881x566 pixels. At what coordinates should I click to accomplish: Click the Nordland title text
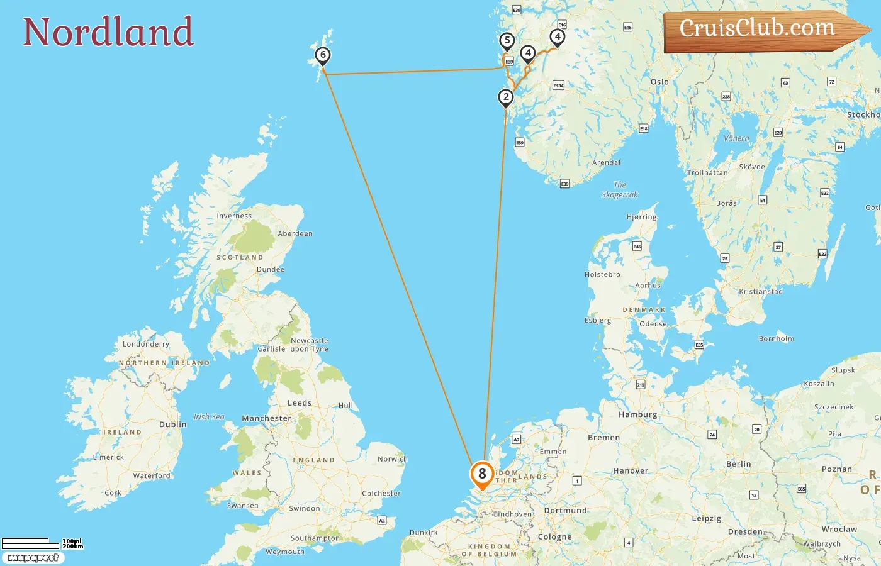tap(108, 32)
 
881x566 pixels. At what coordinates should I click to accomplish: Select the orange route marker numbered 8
tap(482, 474)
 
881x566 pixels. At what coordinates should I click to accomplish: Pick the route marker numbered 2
tap(505, 98)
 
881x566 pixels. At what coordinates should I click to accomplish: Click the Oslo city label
tap(659, 82)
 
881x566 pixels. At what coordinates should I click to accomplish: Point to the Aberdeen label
tap(295, 233)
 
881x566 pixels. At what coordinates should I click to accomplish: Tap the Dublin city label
tap(172, 425)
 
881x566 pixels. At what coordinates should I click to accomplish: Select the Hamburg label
tap(637, 414)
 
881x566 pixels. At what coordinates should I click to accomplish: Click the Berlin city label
tap(738, 464)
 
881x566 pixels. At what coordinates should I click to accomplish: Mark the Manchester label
tap(266, 418)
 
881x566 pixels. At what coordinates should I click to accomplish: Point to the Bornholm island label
tap(776, 338)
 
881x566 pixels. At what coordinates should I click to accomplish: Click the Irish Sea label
tap(209, 416)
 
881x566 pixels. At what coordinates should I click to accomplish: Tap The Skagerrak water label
tap(620, 190)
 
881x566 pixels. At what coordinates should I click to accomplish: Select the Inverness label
tap(234, 216)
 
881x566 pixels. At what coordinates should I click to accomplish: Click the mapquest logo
tap(33, 558)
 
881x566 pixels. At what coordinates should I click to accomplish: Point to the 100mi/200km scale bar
tap(42, 543)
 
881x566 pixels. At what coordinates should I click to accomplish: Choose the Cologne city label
tap(554, 537)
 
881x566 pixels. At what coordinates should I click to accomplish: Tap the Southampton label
tap(315, 538)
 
